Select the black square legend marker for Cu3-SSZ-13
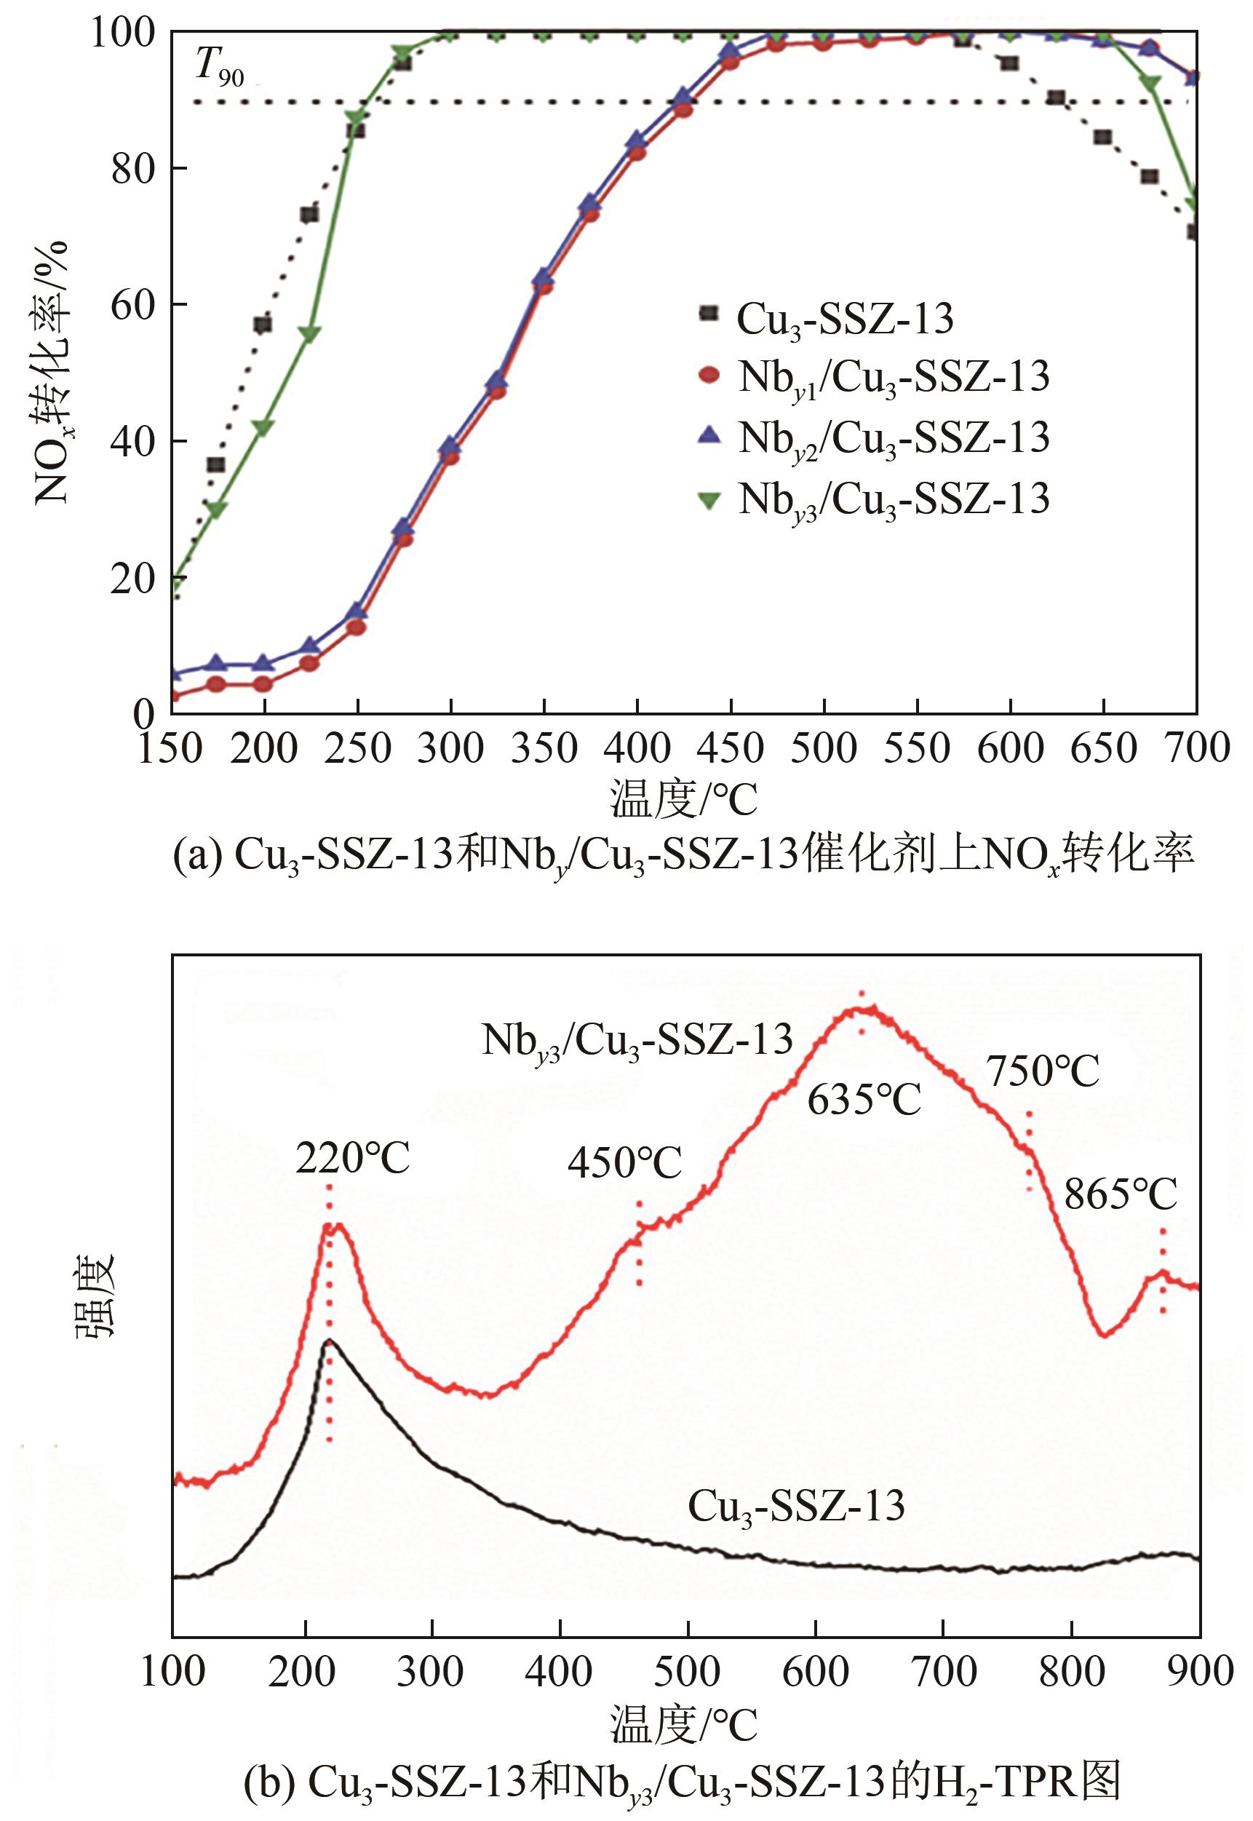709,312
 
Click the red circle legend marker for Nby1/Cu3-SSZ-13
709,375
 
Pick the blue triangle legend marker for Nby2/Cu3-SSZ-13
709,435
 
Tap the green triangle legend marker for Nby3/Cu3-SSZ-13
709,497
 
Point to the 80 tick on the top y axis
132,168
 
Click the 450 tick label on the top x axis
730,748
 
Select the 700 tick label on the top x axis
1196,748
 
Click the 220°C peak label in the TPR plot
352,1158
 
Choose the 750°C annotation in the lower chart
1043,1071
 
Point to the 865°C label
1121,1196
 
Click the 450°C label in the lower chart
625,1163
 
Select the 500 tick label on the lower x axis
687,1672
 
